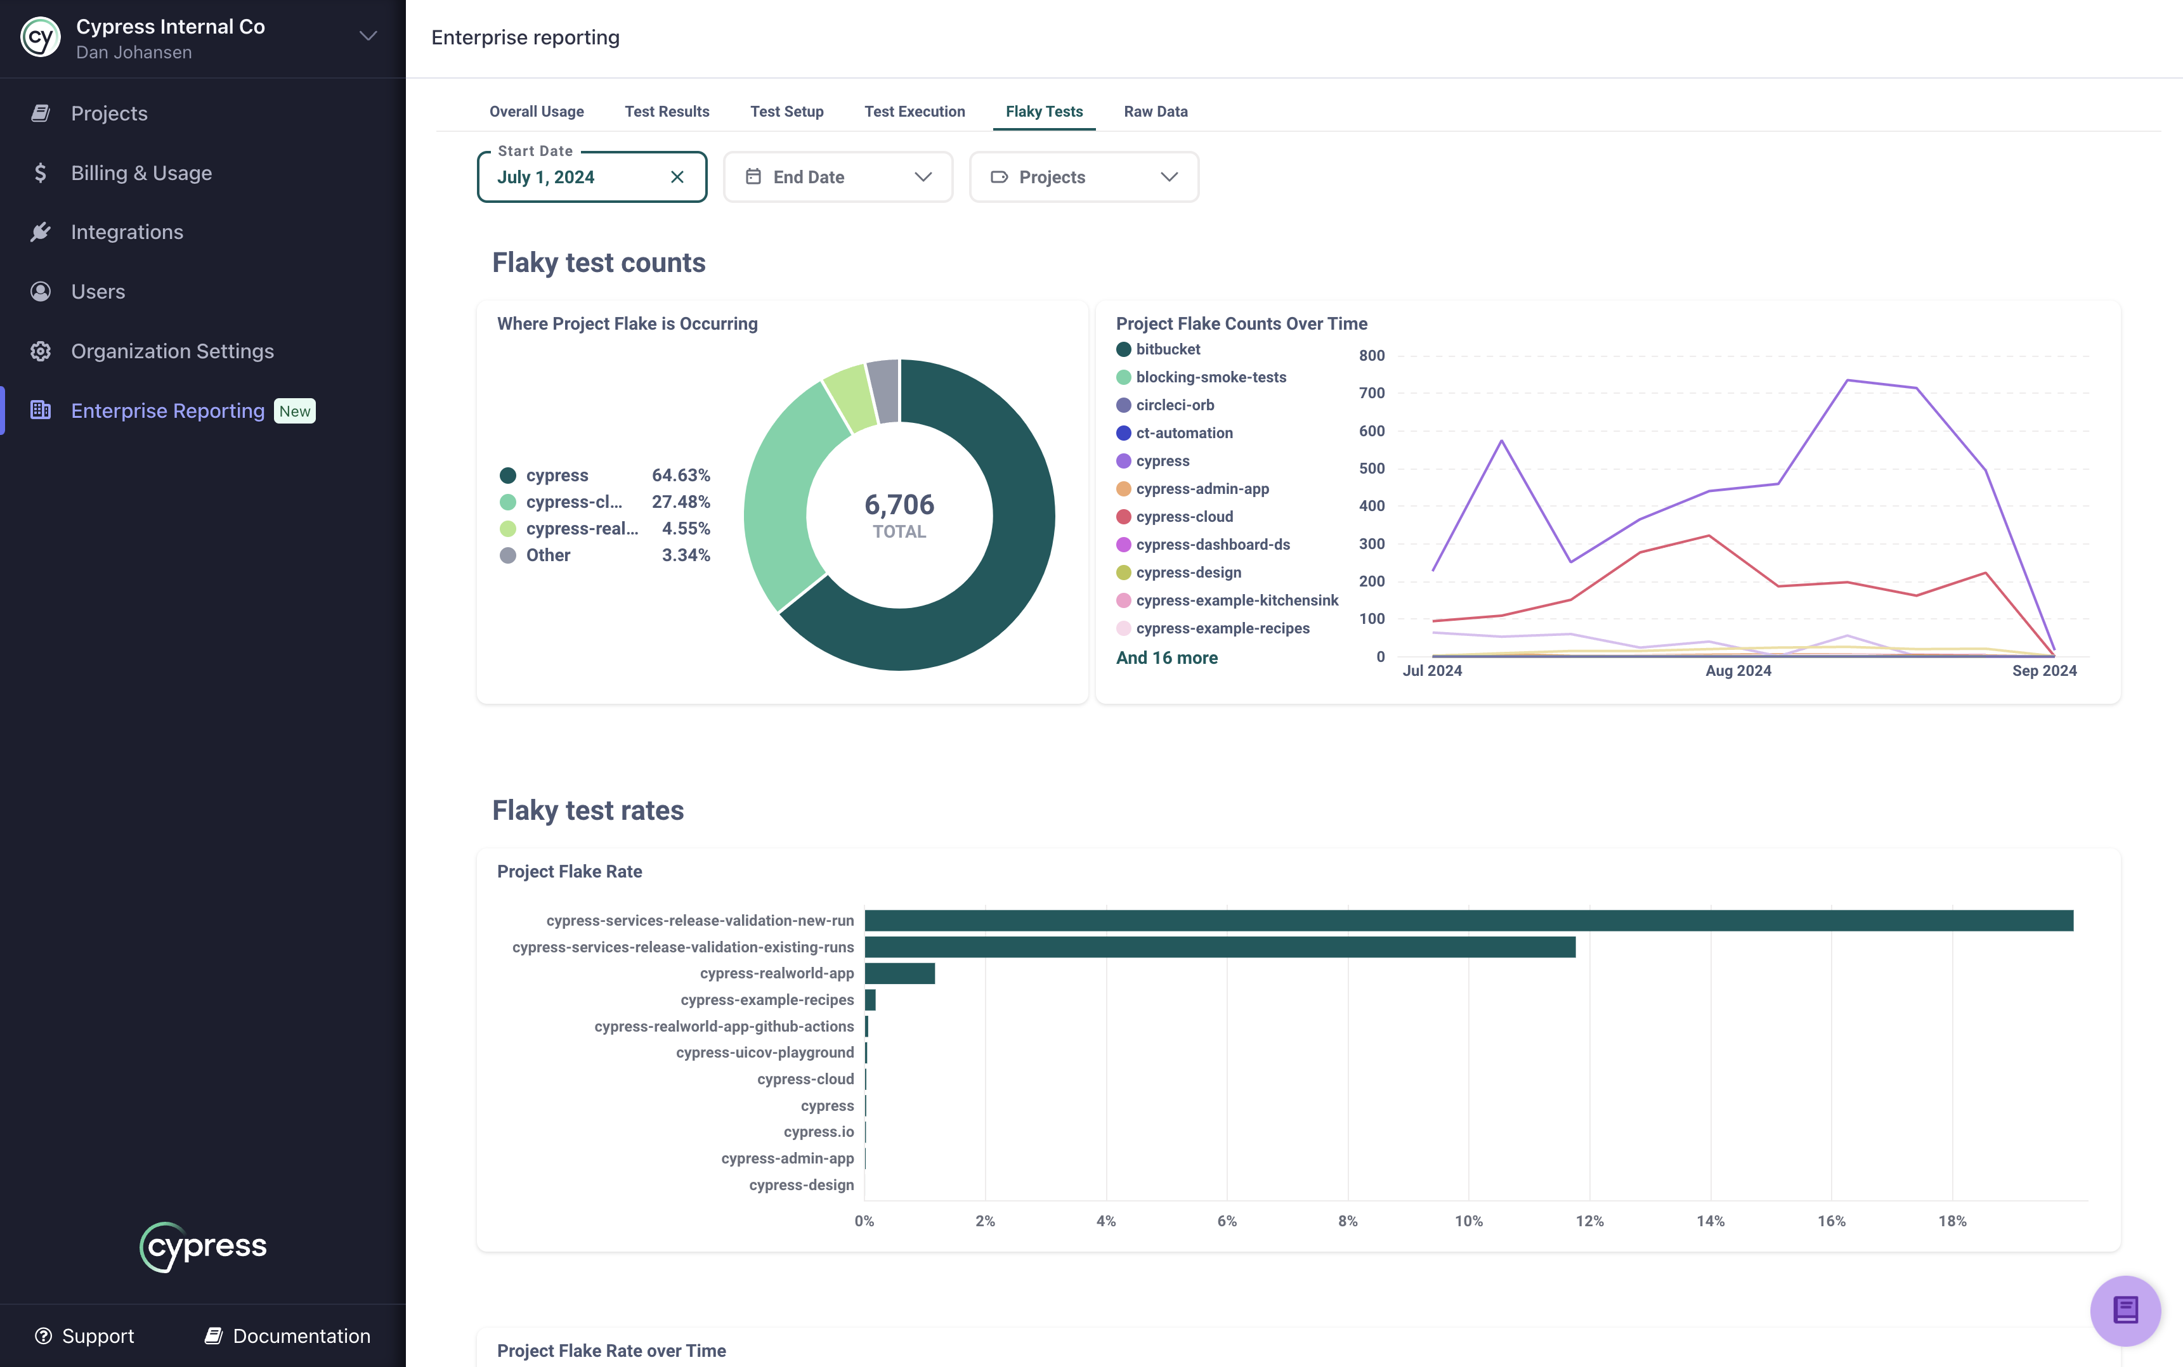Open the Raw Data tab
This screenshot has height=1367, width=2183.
coord(1155,111)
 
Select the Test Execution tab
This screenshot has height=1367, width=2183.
coord(915,111)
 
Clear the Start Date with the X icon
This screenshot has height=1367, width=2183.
coord(677,177)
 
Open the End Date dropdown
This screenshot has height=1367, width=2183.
coord(837,177)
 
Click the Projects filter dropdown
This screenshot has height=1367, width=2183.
coord(1083,177)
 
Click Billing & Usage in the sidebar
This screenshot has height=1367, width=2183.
coord(141,172)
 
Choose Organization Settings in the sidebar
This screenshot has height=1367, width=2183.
coord(172,351)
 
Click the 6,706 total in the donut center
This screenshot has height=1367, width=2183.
coord(899,505)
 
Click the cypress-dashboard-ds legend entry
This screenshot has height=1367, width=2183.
coord(1212,544)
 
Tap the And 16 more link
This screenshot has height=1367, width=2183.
coord(1166,658)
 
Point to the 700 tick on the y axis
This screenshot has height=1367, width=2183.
coord(1371,393)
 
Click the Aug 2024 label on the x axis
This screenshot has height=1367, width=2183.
coord(1737,671)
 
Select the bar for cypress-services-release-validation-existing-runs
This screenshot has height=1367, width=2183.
coord(1219,947)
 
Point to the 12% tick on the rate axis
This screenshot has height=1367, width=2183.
coord(1589,1221)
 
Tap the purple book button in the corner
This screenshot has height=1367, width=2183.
coord(2124,1310)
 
